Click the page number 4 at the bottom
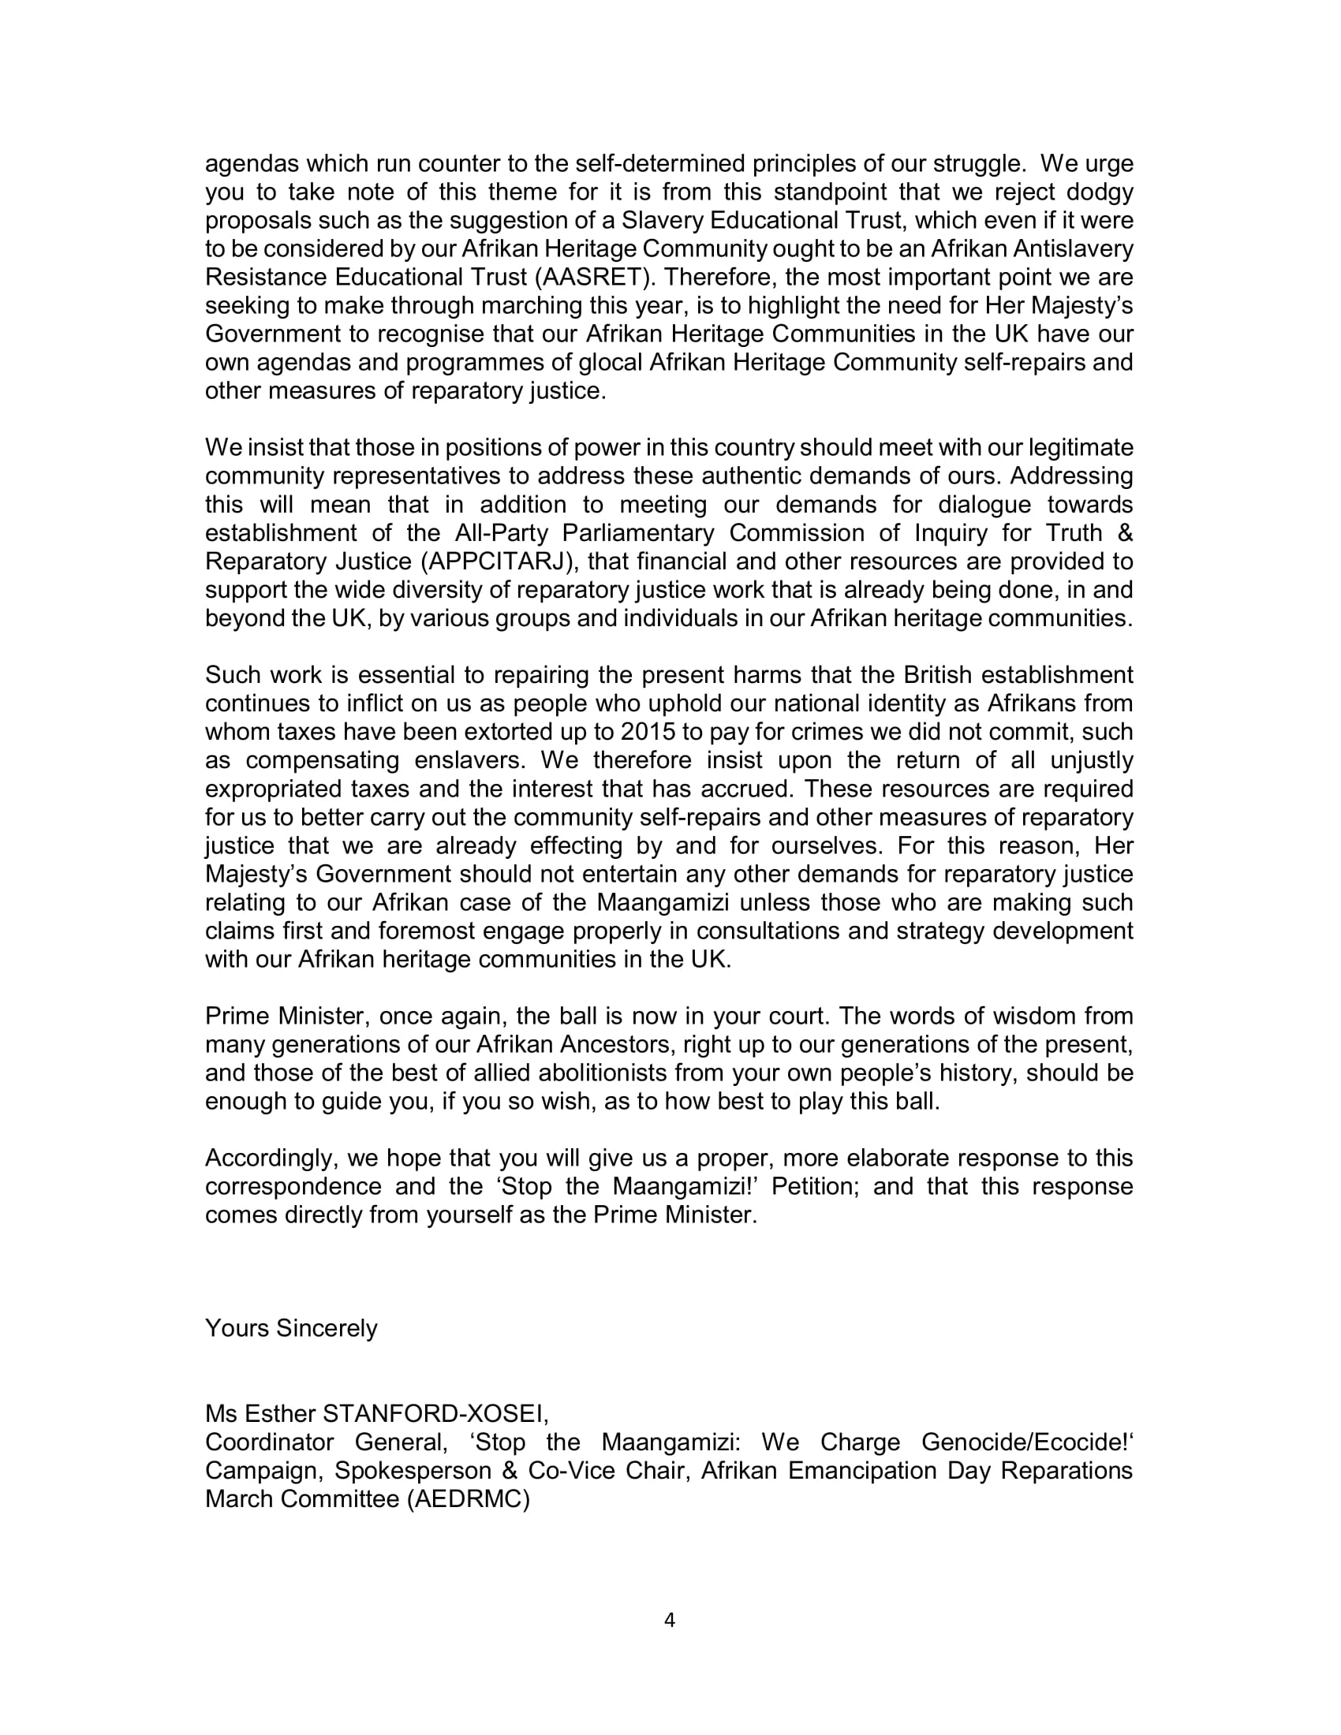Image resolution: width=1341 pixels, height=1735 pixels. [x=669, y=1620]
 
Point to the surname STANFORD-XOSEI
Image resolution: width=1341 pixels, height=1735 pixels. [x=435, y=1413]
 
